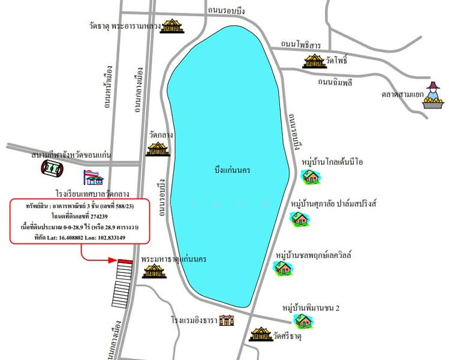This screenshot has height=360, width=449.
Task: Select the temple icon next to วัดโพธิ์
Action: coord(313,61)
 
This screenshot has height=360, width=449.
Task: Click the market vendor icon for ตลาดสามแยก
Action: coord(433,96)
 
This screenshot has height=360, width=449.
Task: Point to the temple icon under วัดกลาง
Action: coord(158,148)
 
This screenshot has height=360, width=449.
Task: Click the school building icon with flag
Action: coord(94,177)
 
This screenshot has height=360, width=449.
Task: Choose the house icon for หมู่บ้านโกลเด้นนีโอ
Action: coord(311,176)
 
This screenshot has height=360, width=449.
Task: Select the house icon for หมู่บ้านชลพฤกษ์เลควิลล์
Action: coord(283,268)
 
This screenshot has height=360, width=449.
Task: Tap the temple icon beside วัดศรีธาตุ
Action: coord(261,334)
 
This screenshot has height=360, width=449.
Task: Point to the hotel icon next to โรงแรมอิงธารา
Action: coord(226,320)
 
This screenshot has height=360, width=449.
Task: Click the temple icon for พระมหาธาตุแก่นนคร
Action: coord(150,271)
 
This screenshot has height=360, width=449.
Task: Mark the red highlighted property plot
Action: coord(125,261)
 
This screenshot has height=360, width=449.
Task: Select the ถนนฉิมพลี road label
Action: coord(338,82)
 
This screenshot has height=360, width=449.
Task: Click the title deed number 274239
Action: coord(79,216)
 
